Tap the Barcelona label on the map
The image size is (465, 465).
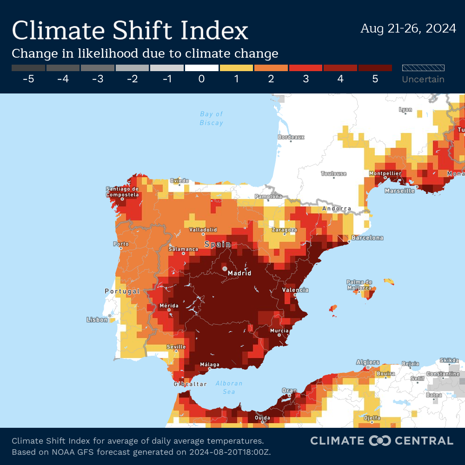tap(367, 238)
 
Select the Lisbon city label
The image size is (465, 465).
tap(97, 319)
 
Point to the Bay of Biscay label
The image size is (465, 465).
tap(212, 119)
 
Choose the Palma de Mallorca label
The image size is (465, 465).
tap(359, 285)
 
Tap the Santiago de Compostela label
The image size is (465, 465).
tap(122, 192)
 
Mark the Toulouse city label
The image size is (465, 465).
tap(333, 173)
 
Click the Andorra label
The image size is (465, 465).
tap(337, 208)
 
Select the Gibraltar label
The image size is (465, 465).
tap(190, 384)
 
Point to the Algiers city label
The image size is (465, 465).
tap(368, 362)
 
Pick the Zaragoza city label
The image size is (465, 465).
tap(285, 230)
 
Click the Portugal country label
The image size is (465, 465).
tap(122, 291)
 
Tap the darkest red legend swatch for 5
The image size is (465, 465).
tap(375, 68)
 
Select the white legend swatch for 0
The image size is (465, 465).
tap(201, 68)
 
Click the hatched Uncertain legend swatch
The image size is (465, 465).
tap(423, 68)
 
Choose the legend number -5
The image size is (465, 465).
tap(28, 79)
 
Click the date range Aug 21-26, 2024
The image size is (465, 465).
tap(408, 28)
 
